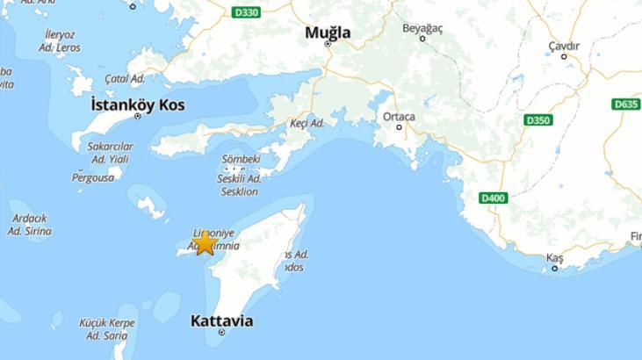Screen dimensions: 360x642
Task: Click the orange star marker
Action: point(205,241)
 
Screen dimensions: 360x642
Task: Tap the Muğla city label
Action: point(328,32)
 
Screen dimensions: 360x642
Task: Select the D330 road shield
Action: point(247,12)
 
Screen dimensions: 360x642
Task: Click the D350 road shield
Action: point(537,119)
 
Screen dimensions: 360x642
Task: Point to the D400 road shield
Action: point(494,198)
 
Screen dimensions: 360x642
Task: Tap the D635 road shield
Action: point(625,104)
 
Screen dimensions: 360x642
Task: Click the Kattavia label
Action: point(221,320)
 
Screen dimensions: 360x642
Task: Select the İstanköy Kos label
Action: point(138,104)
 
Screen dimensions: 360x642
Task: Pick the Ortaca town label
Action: point(399,116)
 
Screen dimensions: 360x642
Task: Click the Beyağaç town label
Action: point(422,28)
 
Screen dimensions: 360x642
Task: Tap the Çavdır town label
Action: point(564,46)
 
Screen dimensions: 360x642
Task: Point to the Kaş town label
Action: point(554,257)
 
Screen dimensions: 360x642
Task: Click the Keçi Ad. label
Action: point(307,123)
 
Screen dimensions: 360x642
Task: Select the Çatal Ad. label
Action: point(125,78)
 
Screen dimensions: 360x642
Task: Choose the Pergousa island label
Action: point(93,177)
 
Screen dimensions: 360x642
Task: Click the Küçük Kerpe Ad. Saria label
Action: point(107,329)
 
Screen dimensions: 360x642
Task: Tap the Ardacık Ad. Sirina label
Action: point(30,225)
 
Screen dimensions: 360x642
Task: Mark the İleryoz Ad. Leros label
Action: point(61,40)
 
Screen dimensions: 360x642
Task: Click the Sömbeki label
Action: point(241,159)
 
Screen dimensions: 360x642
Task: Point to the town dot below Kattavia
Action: point(221,333)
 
